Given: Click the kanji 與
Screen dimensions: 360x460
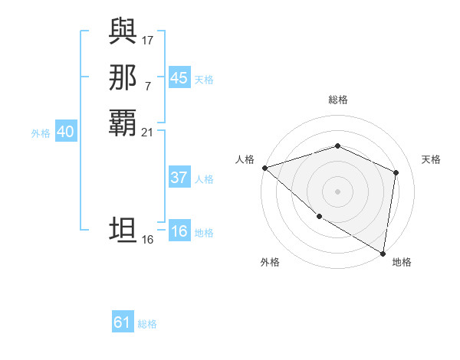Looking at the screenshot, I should coord(123,31).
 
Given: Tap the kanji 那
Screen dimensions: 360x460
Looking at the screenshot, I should coord(123,77).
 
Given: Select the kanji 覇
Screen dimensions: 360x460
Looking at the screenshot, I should coord(123,123).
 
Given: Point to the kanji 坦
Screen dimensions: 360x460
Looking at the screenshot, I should coord(123,231).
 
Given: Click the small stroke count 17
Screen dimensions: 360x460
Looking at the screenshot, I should coord(148,39).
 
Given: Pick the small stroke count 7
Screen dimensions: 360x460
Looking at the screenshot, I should coord(148,85).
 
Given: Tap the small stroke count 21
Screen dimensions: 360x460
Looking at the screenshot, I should coord(148,132).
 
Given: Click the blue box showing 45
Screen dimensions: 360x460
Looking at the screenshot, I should coord(179,78).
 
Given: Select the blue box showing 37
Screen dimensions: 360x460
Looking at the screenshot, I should coord(179,178).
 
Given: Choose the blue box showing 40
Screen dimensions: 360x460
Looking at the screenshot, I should coord(65,132).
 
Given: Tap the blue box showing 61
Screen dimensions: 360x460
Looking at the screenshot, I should coord(123,322).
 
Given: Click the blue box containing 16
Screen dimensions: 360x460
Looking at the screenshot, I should coord(179,232).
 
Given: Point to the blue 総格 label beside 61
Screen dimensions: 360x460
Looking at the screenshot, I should coord(147,324).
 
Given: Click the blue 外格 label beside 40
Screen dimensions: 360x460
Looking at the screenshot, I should coord(41,133).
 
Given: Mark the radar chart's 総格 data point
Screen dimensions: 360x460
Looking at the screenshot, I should coord(337,146).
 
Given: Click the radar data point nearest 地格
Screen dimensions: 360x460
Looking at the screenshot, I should coord(383,252).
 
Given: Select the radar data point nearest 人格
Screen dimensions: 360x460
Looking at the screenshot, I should coord(264,167).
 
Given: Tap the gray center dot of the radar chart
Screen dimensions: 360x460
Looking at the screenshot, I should coord(337,191).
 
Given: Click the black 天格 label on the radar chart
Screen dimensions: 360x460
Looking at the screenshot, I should coord(431,159).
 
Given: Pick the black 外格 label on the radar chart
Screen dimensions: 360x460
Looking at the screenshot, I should coord(270,263).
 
